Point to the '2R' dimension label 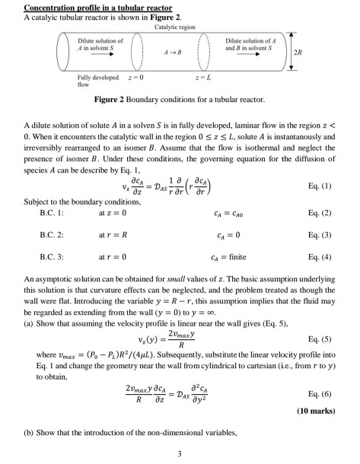pos(340,56)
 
